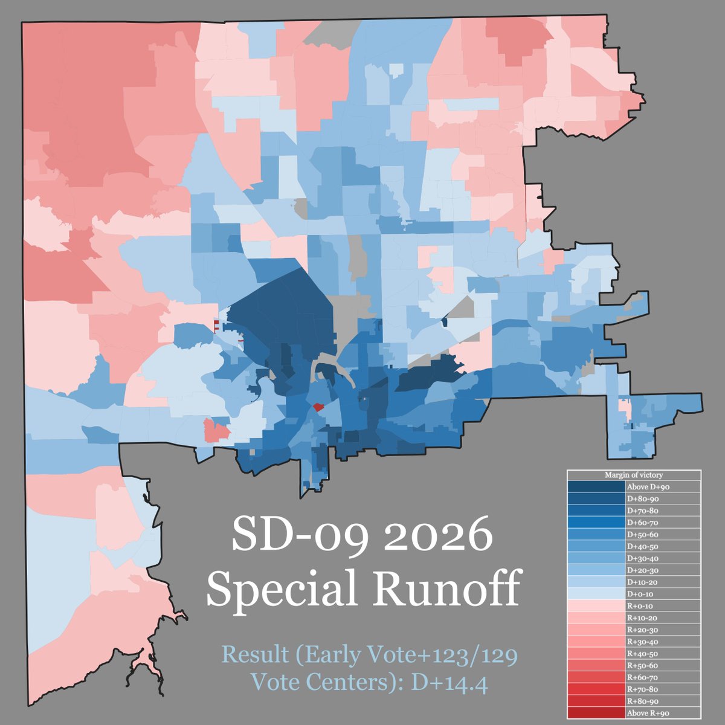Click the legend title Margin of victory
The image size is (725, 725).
[x=634, y=475]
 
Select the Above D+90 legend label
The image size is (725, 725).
[x=648, y=486]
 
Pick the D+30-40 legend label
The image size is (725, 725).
[x=644, y=558]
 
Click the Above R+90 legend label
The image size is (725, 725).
[x=648, y=713]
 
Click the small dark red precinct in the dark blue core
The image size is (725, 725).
[x=318, y=407]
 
